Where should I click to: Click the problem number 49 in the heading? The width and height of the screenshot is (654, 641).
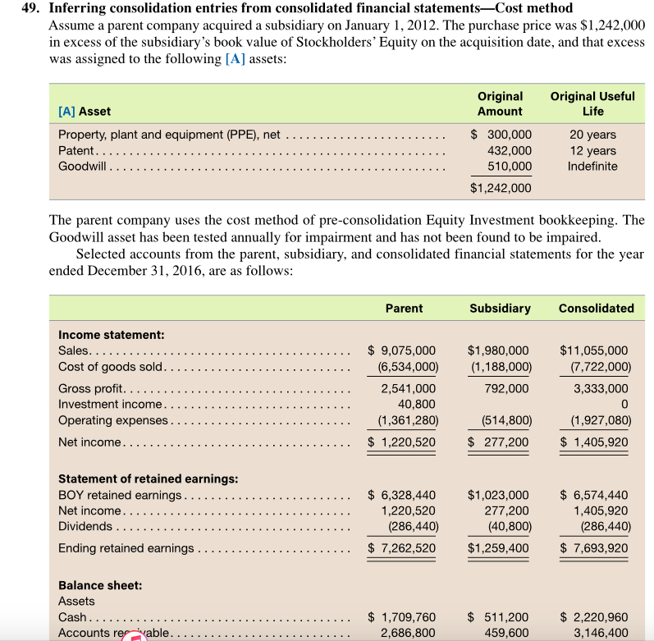click(30, 8)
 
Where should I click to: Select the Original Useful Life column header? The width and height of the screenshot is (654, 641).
click(592, 103)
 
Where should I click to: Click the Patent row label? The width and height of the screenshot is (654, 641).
click(77, 150)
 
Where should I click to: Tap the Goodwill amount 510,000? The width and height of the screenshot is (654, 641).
click(510, 166)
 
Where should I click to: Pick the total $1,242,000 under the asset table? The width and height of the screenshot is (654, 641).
click(501, 188)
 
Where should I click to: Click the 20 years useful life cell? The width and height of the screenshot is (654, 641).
click(592, 135)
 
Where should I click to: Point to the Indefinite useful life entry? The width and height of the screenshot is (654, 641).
click(592, 166)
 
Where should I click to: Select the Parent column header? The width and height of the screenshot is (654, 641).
click(404, 309)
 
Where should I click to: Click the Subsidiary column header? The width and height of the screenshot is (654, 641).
click(500, 309)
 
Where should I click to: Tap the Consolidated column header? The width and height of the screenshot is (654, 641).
click(596, 309)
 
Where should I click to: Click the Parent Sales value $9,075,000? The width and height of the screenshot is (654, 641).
click(402, 350)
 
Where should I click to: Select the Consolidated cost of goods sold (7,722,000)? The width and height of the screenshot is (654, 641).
click(596, 366)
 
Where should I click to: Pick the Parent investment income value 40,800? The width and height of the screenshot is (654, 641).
click(416, 404)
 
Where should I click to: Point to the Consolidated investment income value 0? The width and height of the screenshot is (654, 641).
click(627, 404)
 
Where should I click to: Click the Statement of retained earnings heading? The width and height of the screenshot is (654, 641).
click(149, 478)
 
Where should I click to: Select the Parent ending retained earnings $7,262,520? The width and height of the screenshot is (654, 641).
click(402, 548)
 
